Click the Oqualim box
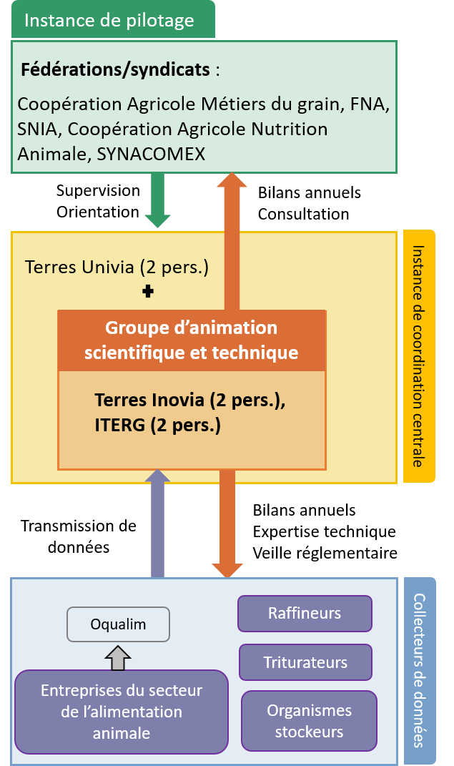pyautogui.click(x=118, y=624)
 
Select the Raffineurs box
pyautogui.click(x=305, y=613)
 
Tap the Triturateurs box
pyautogui.click(x=305, y=662)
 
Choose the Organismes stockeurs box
pyautogui.click(x=309, y=720)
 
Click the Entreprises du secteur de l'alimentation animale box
pyautogui.click(x=122, y=712)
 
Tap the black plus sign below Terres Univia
pyautogui.click(x=148, y=292)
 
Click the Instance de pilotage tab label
pyautogui.click(x=109, y=20)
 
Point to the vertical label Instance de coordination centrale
pyautogui.click(x=419, y=356)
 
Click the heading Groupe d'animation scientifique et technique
pyautogui.click(x=191, y=340)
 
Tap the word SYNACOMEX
pyautogui.click(x=150, y=154)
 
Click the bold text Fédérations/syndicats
pyautogui.click(x=115, y=70)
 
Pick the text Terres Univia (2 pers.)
pyautogui.click(x=117, y=267)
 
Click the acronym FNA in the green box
pyautogui.click(x=369, y=104)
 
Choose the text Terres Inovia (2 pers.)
pyautogui.click(x=190, y=401)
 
